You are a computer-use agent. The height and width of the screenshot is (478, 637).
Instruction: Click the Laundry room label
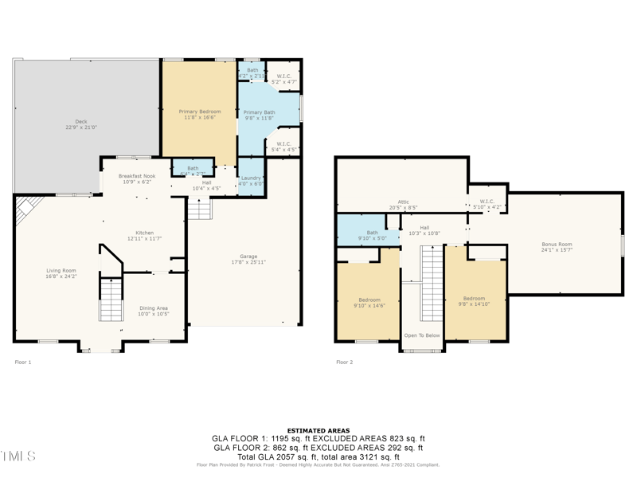(252, 180)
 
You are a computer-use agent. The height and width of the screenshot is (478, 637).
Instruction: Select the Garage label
(243, 259)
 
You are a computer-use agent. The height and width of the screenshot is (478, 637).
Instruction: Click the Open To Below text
(422, 335)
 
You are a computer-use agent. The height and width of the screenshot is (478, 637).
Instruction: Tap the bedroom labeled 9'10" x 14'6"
(369, 302)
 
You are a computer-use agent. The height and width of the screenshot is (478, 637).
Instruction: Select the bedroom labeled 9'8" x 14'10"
(474, 300)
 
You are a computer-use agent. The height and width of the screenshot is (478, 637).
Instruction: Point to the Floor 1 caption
(23, 362)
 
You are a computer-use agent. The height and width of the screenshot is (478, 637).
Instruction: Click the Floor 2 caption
(344, 362)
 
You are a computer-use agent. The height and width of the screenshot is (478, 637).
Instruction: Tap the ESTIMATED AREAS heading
(318, 431)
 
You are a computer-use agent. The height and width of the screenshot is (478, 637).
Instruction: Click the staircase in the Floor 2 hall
(431, 283)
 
